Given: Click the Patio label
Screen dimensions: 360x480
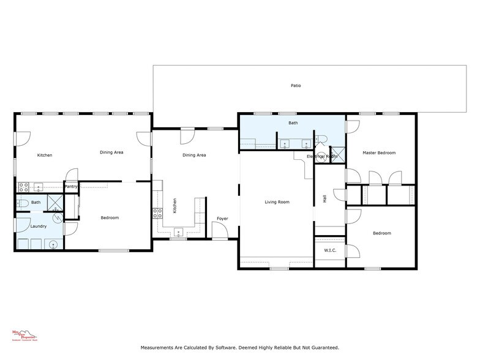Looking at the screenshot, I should [x=296, y=86].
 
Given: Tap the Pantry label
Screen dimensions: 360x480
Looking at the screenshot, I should [x=71, y=187].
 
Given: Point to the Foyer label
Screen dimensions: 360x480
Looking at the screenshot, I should [x=222, y=219].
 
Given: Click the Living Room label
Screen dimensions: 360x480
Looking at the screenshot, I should [x=277, y=202].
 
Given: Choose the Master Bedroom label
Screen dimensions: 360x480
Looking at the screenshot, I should [x=378, y=153].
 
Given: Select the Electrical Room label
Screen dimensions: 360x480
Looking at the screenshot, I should [x=322, y=157].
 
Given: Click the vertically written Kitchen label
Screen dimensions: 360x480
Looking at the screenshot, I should [x=174, y=204].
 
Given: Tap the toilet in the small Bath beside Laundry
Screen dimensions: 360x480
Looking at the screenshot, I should [x=21, y=202].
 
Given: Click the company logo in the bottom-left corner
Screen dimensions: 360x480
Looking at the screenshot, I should [x=25, y=335].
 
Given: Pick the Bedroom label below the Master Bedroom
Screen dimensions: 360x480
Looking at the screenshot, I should [x=381, y=233].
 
